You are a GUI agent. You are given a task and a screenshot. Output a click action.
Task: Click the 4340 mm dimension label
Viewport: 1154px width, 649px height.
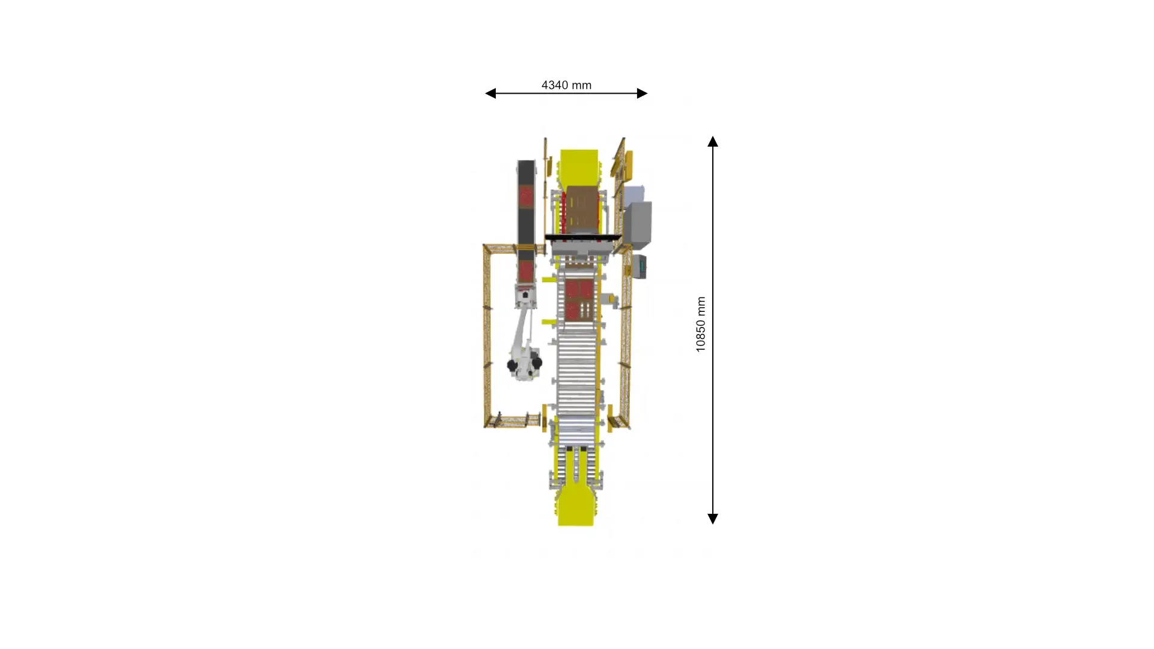[566, 85]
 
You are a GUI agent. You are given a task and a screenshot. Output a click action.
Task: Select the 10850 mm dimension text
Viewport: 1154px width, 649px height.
[701, 324]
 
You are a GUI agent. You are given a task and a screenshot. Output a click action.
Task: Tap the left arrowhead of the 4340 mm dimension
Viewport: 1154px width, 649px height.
[490, 93]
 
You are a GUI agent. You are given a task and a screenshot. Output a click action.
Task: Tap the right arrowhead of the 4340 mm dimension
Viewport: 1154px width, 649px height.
[643, 93]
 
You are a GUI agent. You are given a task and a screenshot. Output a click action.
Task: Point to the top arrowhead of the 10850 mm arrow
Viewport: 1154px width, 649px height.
[713, 141]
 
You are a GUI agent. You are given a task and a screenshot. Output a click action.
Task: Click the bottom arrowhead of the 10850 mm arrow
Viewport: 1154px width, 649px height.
[713, 519]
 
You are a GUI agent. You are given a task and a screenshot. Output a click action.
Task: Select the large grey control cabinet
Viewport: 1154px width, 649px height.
[638, 224]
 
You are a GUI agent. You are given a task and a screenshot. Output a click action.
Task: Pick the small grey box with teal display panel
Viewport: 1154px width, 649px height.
[640, 266]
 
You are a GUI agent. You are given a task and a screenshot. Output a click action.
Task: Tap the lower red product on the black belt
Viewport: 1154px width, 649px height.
[527, 270]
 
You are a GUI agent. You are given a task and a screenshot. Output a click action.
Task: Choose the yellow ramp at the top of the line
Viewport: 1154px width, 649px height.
[579, 166]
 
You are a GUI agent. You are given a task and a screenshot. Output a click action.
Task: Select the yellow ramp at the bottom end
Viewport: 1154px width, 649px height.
[576, 506]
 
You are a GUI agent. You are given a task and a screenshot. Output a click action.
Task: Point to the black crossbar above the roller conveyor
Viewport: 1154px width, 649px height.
[582, 237]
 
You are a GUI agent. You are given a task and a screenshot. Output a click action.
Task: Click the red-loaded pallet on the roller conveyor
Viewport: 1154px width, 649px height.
[579, 299]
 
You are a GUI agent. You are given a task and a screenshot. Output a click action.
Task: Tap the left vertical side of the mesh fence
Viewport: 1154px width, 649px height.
[486, 337]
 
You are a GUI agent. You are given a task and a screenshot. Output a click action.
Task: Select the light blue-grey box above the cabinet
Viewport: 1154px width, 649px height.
[634, 193]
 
